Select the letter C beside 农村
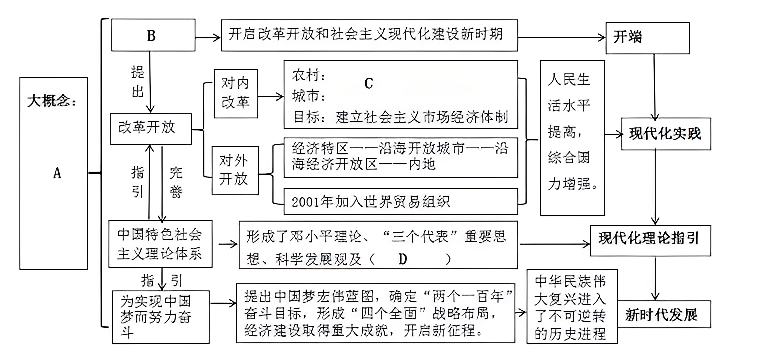tap(368, 83)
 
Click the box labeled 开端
tap(647, 38)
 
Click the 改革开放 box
tap(150, 127)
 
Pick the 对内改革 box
tap(235, 93)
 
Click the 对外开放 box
tap(235, 170)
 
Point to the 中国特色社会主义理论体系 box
tap(159, 245)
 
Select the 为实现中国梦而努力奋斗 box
tap(159, 316)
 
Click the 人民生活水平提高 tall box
tap(572, 137)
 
